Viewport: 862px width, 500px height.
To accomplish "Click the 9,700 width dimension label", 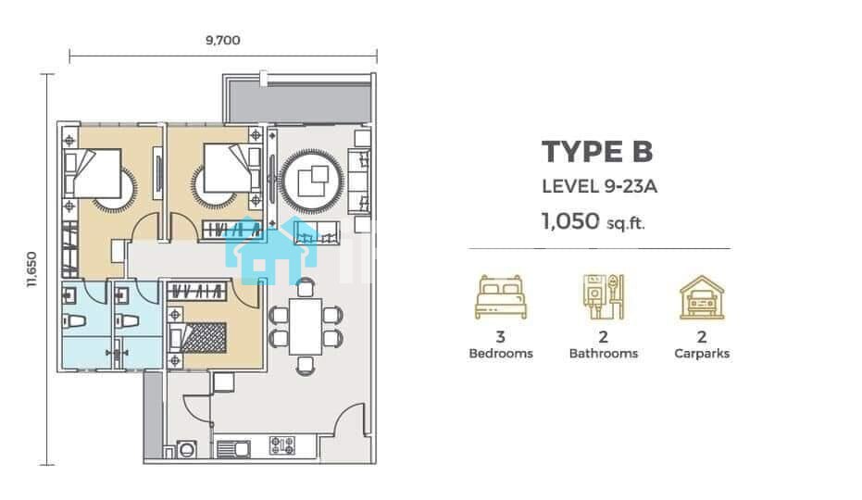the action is [x=222, y=40].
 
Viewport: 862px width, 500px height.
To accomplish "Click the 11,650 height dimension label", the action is [x=31, y=269].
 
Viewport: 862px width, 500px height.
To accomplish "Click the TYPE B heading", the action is [x=597, y=151].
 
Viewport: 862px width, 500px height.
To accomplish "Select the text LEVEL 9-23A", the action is [x=599, y=186].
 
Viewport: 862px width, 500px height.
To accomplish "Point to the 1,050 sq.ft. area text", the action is [x=593, y=221].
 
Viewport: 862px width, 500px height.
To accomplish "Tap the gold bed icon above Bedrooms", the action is [x=501, y=297].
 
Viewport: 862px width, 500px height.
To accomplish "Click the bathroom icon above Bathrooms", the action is [x=603, y=297].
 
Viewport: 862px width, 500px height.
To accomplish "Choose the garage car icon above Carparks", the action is [x=702, y=297].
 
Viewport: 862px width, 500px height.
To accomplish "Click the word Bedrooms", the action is [x=501, y=354].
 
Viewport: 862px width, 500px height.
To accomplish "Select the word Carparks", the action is [x=702, y=354].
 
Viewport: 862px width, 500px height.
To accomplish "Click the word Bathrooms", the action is [x=604, y=354].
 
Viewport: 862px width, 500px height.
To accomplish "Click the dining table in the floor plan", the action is [x=306, y=327].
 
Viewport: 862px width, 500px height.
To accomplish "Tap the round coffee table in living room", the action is [x=312, y=181].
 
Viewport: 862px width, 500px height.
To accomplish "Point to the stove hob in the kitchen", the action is [x=282, y=445].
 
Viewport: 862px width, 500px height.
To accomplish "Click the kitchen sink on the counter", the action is [x=233, y=449].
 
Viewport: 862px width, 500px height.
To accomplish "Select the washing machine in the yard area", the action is [x=187, y=449].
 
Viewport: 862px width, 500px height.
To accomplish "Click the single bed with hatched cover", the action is [x=198, y=338].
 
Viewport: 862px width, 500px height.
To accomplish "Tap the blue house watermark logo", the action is [x=272, y=250].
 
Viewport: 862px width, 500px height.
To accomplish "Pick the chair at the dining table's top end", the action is [x=306, y=288].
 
